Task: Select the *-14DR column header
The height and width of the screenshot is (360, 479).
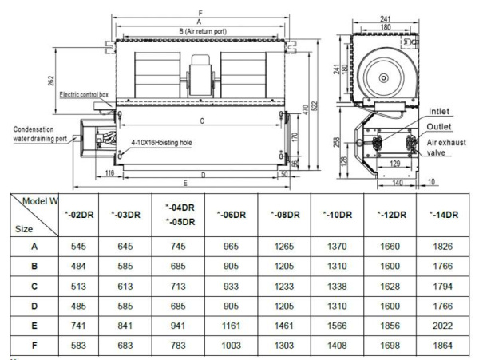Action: click(x=443, y=214)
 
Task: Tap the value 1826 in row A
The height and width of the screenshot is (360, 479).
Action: click(x=443, y=247)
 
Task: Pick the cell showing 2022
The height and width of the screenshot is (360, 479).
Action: click(x=443, y=326)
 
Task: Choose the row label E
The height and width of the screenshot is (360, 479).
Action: click(x=34, y=326)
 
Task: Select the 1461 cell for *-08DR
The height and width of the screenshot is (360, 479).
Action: click(x=283, y=326)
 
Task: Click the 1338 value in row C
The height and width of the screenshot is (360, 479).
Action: click(x=337, y=287)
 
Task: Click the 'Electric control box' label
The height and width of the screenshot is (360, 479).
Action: click(x=84, y=94)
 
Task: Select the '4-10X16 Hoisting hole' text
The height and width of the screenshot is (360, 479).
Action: click(x=163, y=144)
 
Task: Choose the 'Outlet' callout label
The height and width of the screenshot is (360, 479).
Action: click(x=441, y=126)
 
